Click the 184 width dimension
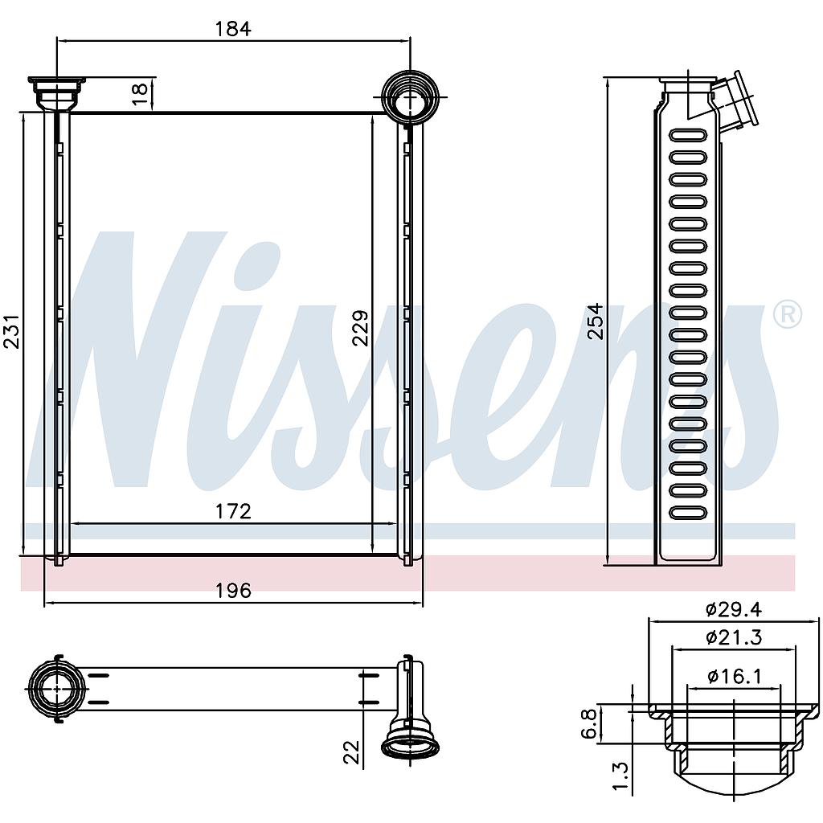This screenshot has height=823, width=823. coord(233,28)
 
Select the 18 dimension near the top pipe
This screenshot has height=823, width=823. coord(140,95)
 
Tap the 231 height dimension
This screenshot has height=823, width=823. coord(11,332)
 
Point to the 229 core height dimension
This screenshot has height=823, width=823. coord(361,329)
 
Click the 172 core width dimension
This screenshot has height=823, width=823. coord(234,510)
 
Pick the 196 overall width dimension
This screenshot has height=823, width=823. coord(234,591)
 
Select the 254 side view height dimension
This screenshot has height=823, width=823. coord(596,321)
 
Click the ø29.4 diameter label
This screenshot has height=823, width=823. coord(733,609)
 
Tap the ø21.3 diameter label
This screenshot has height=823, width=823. coord(733,637)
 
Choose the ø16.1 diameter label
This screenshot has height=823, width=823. coord(733,676)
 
